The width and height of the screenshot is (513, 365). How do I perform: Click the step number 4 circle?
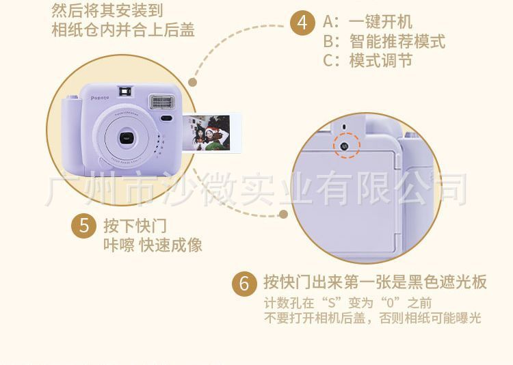[302, 23]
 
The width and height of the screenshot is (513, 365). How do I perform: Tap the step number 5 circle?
[83, 226]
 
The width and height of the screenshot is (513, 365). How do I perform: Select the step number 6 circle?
[244, 283]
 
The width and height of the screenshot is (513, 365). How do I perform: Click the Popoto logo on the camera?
[100, 98]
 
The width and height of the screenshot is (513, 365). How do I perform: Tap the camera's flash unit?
[162, 102]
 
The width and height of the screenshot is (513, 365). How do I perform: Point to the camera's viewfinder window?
[125, 92]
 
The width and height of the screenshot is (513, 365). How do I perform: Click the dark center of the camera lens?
[127, 138]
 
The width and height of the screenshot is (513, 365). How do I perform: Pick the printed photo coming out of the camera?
[211, 133]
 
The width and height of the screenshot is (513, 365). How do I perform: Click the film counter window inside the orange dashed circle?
[343, 146]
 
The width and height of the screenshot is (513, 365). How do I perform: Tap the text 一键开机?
[380, 23]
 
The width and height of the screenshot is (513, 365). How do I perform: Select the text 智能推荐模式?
[397, 42]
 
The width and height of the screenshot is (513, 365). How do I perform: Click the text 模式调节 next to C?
[380, 61]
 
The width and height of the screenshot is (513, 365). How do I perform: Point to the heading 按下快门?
[135, 226]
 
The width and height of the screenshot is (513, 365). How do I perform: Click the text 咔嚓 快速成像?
[153, 245]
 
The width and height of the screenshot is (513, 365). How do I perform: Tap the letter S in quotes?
[332, 303]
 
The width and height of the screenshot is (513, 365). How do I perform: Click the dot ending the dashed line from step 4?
[193, 82]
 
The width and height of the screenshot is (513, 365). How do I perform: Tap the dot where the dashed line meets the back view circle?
[284, 215]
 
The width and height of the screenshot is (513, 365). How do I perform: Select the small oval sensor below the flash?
[166, 118]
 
